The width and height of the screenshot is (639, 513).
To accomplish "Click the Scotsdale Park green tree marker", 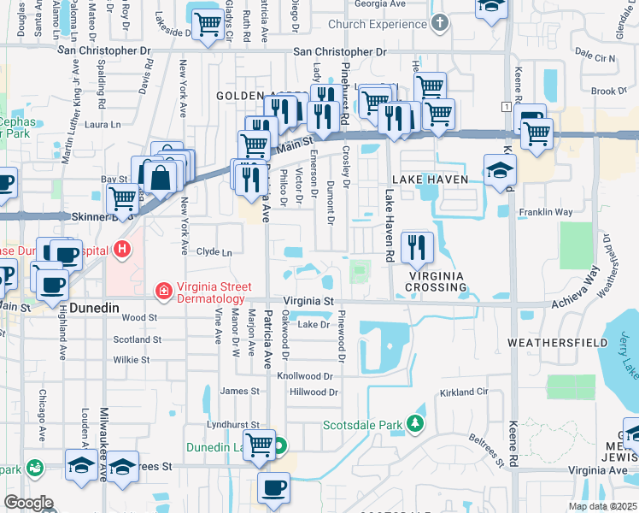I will (x=415, y=424).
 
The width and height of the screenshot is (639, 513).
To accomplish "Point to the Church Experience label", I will (x=377, y=24).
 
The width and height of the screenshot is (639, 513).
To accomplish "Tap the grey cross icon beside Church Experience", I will (x=439, y=23).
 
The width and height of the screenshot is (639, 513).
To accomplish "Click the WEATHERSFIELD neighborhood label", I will (x=558, y=342).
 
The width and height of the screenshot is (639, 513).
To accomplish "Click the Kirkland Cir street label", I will (x=464, y=392).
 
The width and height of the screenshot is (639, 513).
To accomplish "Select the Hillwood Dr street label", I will (x=314, y=392).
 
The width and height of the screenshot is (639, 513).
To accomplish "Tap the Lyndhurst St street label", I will (x=232, y=424).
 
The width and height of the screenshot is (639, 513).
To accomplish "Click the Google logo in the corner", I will (x=28, y=503).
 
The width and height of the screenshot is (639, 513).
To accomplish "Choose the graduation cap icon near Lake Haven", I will (x=500, y=169).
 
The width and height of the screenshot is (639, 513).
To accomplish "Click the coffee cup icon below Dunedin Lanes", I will (x=273, y=488).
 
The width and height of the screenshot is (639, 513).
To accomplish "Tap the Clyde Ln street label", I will (x=214, y=252).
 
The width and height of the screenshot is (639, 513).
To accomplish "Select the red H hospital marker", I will (x=122, y=251).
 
